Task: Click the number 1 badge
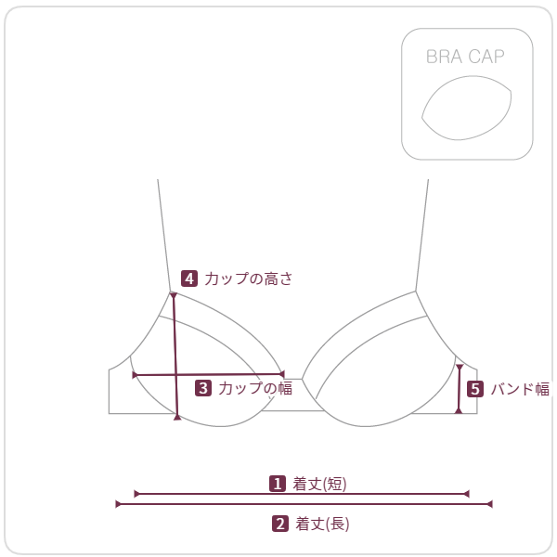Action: (x=278, y=484)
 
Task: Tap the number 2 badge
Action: (x=280, y=524)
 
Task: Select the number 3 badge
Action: (x=203, y=388)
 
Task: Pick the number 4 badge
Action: (x=189, y=278)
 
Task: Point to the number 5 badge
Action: (x=475, y=389)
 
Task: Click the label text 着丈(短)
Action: (x=319, y=484)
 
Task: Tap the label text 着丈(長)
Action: (x=322, y=524)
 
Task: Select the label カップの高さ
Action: (x=248, y=278)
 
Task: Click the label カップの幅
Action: (x=255, y=388)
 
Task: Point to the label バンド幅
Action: (x=520, y=389)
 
